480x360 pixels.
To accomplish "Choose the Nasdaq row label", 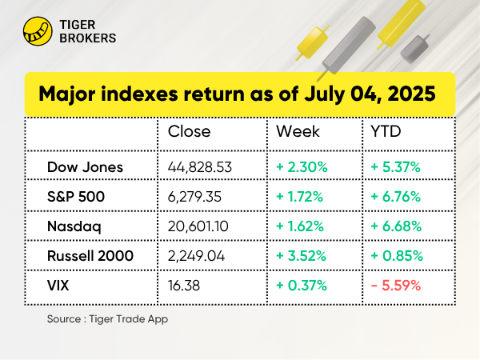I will point(74,226).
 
